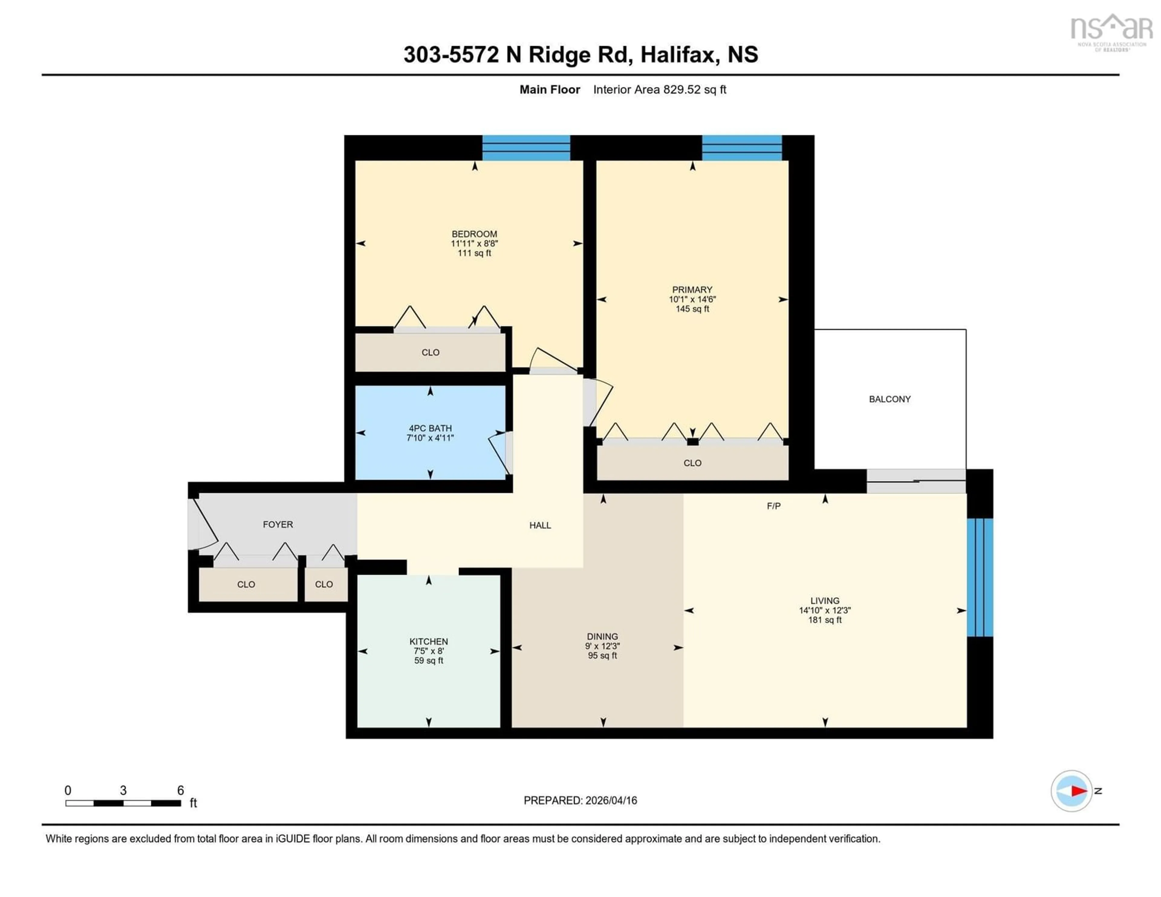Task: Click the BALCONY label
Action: (x=889, y=399)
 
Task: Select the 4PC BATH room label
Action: (x=430, y=428)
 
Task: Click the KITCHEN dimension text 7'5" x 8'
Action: (x=428, y=651)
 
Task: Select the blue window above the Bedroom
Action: (x=526, y=148)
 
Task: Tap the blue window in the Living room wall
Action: (x=980, y=577)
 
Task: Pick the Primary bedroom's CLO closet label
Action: (x=692, y=463)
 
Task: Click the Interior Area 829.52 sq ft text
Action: (x=659, y=89)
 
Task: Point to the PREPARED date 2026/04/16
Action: (x=580, y=800)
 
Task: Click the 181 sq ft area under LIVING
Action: (x=824, y=620)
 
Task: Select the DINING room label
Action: (x=602, y=637)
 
